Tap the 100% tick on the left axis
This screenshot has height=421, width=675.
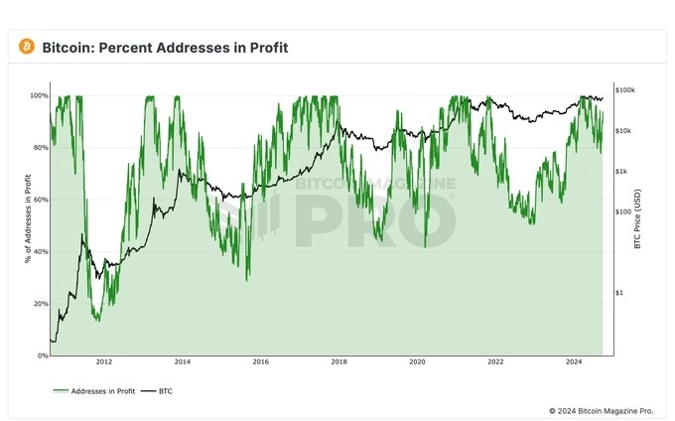coord(38,96)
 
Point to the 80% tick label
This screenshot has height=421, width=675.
coord(40,148)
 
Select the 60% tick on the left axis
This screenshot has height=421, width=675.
coord(40,200)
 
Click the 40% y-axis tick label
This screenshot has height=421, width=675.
coord(40,251)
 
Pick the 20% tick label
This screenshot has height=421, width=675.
coord(40,303)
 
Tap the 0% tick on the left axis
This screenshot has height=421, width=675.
coord(42,354)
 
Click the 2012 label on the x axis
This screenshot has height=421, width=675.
coord(104,363)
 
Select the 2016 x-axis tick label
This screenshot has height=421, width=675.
coord(260,363)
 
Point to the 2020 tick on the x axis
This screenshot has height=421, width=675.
coord(417,363)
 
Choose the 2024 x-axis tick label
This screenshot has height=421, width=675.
coord(574,363)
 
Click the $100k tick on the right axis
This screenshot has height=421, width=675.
coord(625,90)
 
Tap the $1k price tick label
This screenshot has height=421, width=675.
coord(623,172)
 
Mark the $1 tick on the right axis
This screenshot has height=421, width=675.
coord(620,293)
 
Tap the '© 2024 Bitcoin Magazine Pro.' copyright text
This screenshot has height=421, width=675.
coord(602,410)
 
